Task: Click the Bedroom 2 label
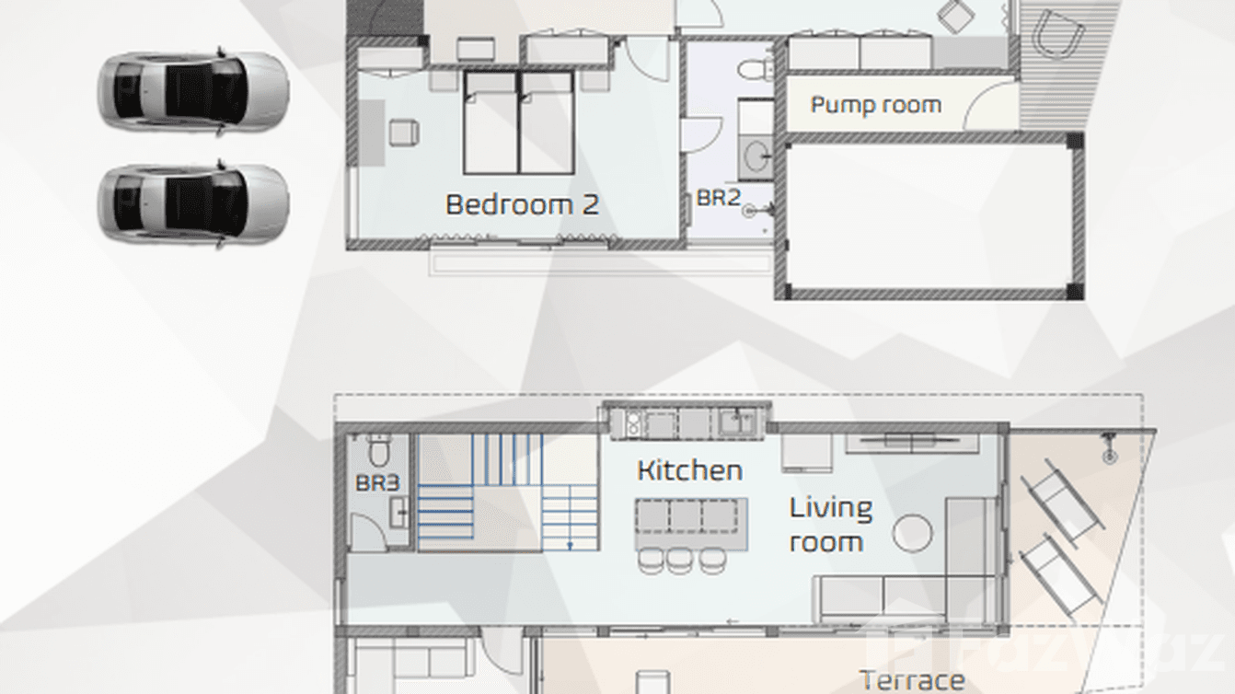point(521,204)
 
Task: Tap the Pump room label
point(875,105)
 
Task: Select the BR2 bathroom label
point(718,197)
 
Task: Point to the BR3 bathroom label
point(377,483)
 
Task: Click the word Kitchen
point(689,470)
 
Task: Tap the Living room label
point(829,525)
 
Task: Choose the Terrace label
point(912,681)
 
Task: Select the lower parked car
point(193,204)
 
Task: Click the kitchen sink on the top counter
point(735,422)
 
